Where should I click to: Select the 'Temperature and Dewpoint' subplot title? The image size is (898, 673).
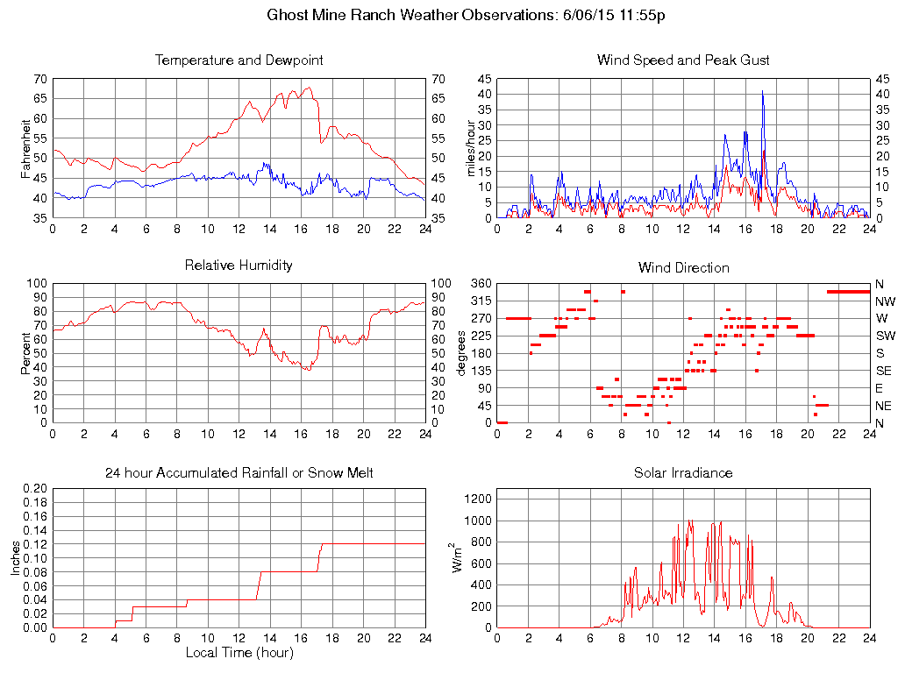coord(239,60)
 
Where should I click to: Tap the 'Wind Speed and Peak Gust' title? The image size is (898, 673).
coord(683,60)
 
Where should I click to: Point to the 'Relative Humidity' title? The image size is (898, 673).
coord(239,265)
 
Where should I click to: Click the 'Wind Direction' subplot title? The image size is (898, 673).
coord(683,267)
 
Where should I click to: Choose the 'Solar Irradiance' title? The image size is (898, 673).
coord(683,473)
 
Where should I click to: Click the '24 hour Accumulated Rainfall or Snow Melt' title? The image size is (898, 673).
coord(239,473)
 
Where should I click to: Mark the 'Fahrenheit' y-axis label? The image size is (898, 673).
coord(26,148)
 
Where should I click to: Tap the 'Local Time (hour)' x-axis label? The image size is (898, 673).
coord(239,653)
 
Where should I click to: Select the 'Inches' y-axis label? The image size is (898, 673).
coord(16,557)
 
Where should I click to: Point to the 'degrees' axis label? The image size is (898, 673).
coord(461,353)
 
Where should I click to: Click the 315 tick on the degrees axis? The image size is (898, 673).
coord(480,301)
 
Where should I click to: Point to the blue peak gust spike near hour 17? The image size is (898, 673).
coord(763,93)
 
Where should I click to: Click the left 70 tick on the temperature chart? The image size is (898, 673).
coord(40,79)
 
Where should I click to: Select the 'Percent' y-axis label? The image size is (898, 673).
coord(26,353)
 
